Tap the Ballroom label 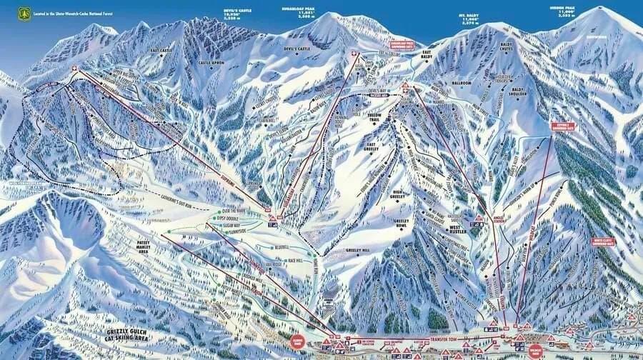click(x=462, y=83)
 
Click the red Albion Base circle click(x=297, y=341)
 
